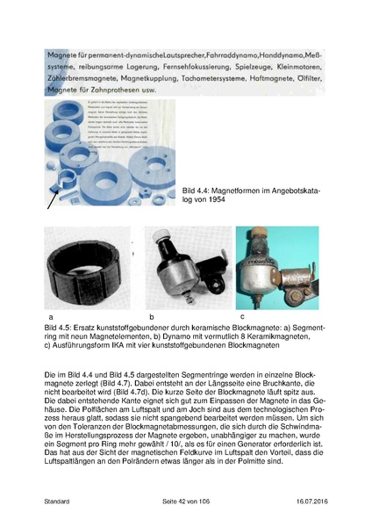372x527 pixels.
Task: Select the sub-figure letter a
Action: (x=50, y=315)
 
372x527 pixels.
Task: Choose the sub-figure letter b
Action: (x=151, y=315)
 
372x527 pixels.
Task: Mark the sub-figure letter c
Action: (x=241, y=315)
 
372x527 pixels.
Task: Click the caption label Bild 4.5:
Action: (x=62, y=327)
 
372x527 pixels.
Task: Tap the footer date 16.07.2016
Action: (x=307, y=502)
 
